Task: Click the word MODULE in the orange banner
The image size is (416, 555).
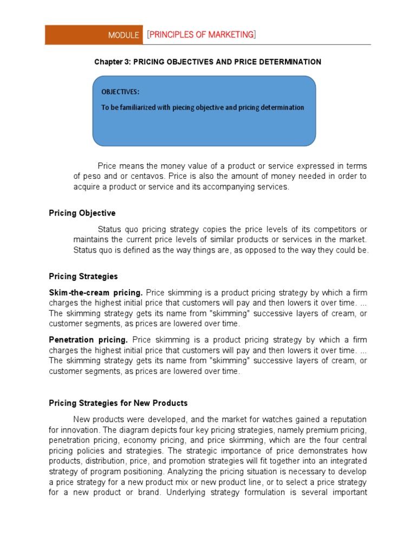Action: tap(123, 35)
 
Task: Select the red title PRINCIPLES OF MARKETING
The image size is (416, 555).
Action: tap(201, 35)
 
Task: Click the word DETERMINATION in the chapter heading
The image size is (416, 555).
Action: tap(290, 62)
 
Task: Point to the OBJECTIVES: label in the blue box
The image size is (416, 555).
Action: tap(120, 92)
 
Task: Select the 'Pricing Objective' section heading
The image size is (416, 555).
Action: tap(82, 213)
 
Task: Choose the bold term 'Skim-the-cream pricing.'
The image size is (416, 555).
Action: tap(96, 292)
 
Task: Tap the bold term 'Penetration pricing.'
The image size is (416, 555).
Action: tap(88, 340)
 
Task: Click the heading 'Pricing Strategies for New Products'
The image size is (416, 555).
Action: tap(118, 403)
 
